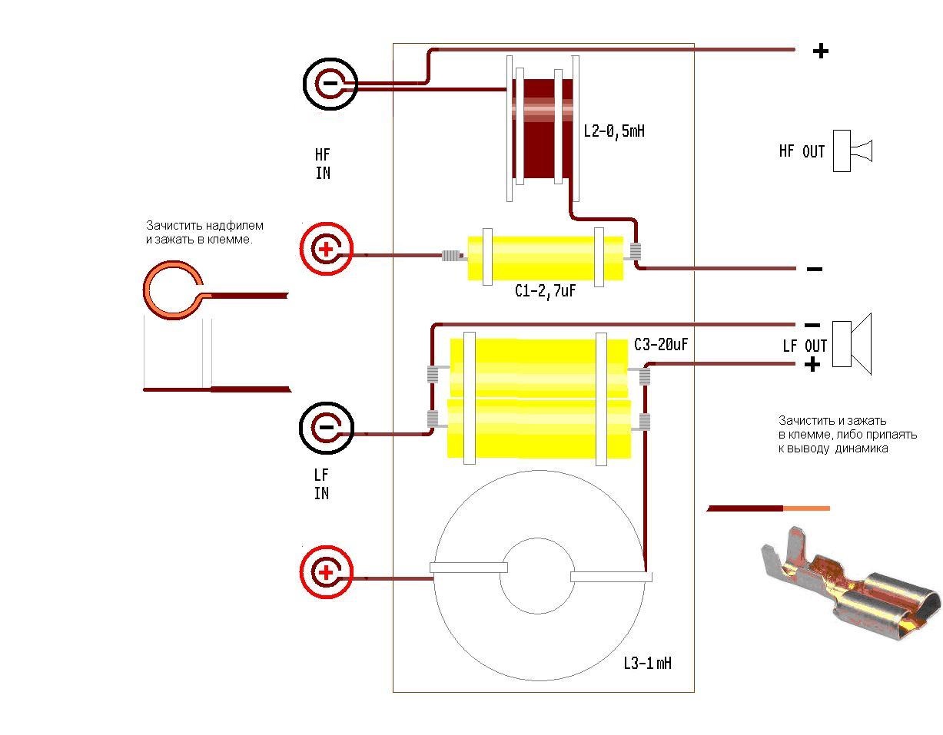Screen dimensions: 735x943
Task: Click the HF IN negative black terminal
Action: [330, 84]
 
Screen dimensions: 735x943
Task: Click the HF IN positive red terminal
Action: [326, 249]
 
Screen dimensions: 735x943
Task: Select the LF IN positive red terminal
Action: [326, 572]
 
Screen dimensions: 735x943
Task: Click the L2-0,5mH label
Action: [613, 131]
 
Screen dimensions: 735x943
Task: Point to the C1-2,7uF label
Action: [545, 292]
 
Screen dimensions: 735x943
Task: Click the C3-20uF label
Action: [660, 345]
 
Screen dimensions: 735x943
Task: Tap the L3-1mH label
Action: [647, 662]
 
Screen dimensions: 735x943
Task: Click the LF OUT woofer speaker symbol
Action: [852, 343]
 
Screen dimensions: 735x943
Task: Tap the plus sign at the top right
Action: [821, 51]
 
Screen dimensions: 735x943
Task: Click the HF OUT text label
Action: [802, 151]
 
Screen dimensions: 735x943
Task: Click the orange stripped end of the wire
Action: [806, 508]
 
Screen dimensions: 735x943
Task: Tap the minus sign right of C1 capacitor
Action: [815, 269]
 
